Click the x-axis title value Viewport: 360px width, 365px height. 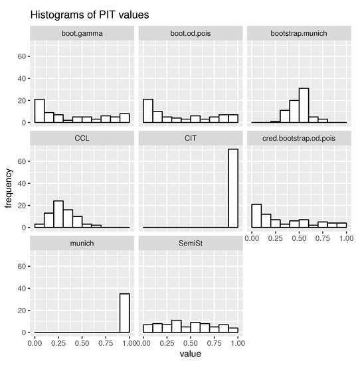pos(191,356)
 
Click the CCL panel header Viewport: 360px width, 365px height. pos(82,138)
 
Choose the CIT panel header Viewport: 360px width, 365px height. pos(191,138)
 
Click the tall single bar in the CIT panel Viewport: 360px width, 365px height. pos(233,188)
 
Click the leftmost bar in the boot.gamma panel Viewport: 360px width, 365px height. pos(39,111)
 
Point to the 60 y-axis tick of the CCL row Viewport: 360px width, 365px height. pos(22,161)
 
